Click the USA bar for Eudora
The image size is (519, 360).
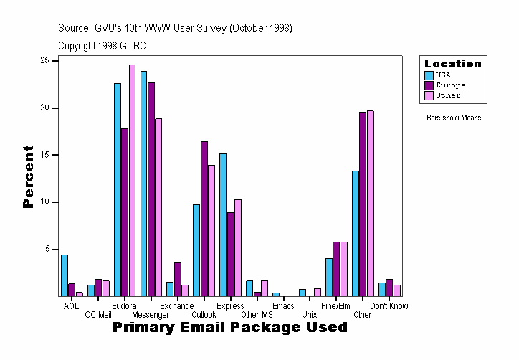pyautogui.click(x=118, y=189)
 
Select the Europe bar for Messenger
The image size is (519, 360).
pyautogui.click(x=151, y=189)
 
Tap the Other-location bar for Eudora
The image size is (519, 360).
pyautogui.click(x=133, y=180)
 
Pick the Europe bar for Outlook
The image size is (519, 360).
pyautogui.click(x=204, y=219)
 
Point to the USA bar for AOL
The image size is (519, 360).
pyautogui.click(x=65, y=275)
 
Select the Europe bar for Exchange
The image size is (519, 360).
pyautogui.click(x=178, y=279)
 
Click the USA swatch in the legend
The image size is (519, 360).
pyautogui.click(x=429, y=75)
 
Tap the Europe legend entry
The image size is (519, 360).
pyautogui.click(x=450, y=85)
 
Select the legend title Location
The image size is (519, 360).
pyautogui.click(x=453, y=64)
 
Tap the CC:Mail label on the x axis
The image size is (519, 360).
pyautogui.click(x=98, y=314)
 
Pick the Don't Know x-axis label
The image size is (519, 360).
pyautogui.click(x=389, y=306)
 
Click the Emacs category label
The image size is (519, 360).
pyautogui.click(x=283, y=306)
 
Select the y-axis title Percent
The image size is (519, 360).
pyautogui.click(x=29, y=176)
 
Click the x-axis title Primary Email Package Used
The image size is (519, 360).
pyautogui.click(x=230, y=327)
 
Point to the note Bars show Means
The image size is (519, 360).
pyautogui.click(x=454, y=118)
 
